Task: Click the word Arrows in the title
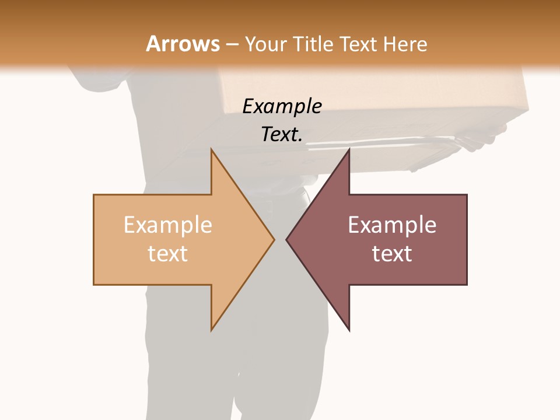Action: pyautogui.click(x=183, y=44)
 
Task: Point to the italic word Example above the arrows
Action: pyautogui.click(x=282, y=106)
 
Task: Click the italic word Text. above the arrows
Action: pyautogui.click(x=282, y=134)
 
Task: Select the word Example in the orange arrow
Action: pyautogui.click(x=168, y=225)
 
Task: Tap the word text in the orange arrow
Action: pyautogui.click(x=168, y=253)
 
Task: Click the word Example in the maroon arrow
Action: pyautogui.click(x=392, y=225)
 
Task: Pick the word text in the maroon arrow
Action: pyautogui.click(x=392, y=253)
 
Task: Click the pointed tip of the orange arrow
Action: pyautogui.click(x=273, y=239)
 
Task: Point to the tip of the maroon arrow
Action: pyautogui.click(x=288, y=239)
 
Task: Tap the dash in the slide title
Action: pyautogui.click(x=232, y=44)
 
